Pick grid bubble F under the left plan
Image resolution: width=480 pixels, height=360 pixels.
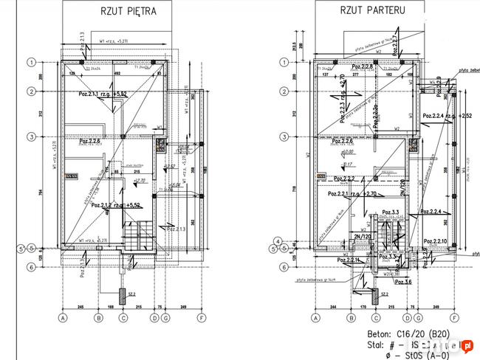click(202, 318)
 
